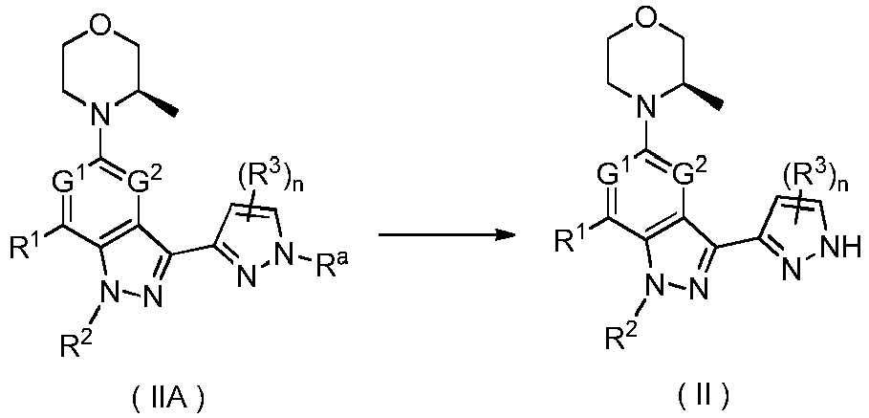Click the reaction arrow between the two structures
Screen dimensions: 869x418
446,235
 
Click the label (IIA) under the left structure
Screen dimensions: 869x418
159,396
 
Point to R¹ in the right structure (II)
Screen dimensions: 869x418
569,239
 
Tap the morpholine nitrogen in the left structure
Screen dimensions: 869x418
99,115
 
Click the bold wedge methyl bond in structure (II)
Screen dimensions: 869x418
704,96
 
